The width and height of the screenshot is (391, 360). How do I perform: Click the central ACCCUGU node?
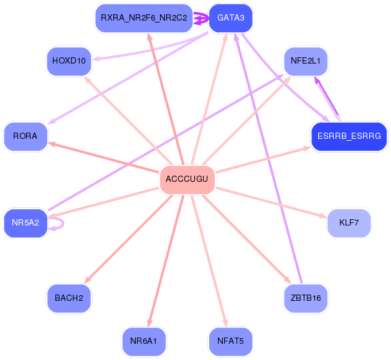[x=187, y=179]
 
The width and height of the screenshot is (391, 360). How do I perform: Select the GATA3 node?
[x=230, y=18]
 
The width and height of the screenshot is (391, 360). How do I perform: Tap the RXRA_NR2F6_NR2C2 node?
[x=144, y=18]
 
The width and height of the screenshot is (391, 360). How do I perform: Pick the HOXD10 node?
[x=69, y=61]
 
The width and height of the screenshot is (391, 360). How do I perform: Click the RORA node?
[x=26, y=136]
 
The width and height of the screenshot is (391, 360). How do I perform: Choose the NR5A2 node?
[x=26, y=222]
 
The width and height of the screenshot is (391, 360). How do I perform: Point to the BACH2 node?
[x=69, y=298]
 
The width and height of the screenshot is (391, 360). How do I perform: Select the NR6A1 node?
[x=144, y=341]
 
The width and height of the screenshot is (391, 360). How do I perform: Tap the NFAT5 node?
[x=230, y=341]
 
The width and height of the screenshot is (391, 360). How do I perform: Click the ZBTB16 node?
[x=306, y=298]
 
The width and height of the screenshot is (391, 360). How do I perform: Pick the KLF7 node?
[x=349, y=222]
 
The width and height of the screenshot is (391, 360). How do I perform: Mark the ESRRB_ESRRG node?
[x=349, y=136]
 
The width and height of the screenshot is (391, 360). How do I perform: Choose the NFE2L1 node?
[x=306, y=61]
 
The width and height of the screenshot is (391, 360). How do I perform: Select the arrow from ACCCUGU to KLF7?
[x=271, y=202]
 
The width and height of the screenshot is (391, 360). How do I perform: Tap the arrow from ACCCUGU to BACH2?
[x=128, y=239]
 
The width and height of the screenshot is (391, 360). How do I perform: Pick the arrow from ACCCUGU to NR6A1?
[x=166, y=261]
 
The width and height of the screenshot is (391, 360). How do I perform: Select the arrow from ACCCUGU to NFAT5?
[x=209, y=261]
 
